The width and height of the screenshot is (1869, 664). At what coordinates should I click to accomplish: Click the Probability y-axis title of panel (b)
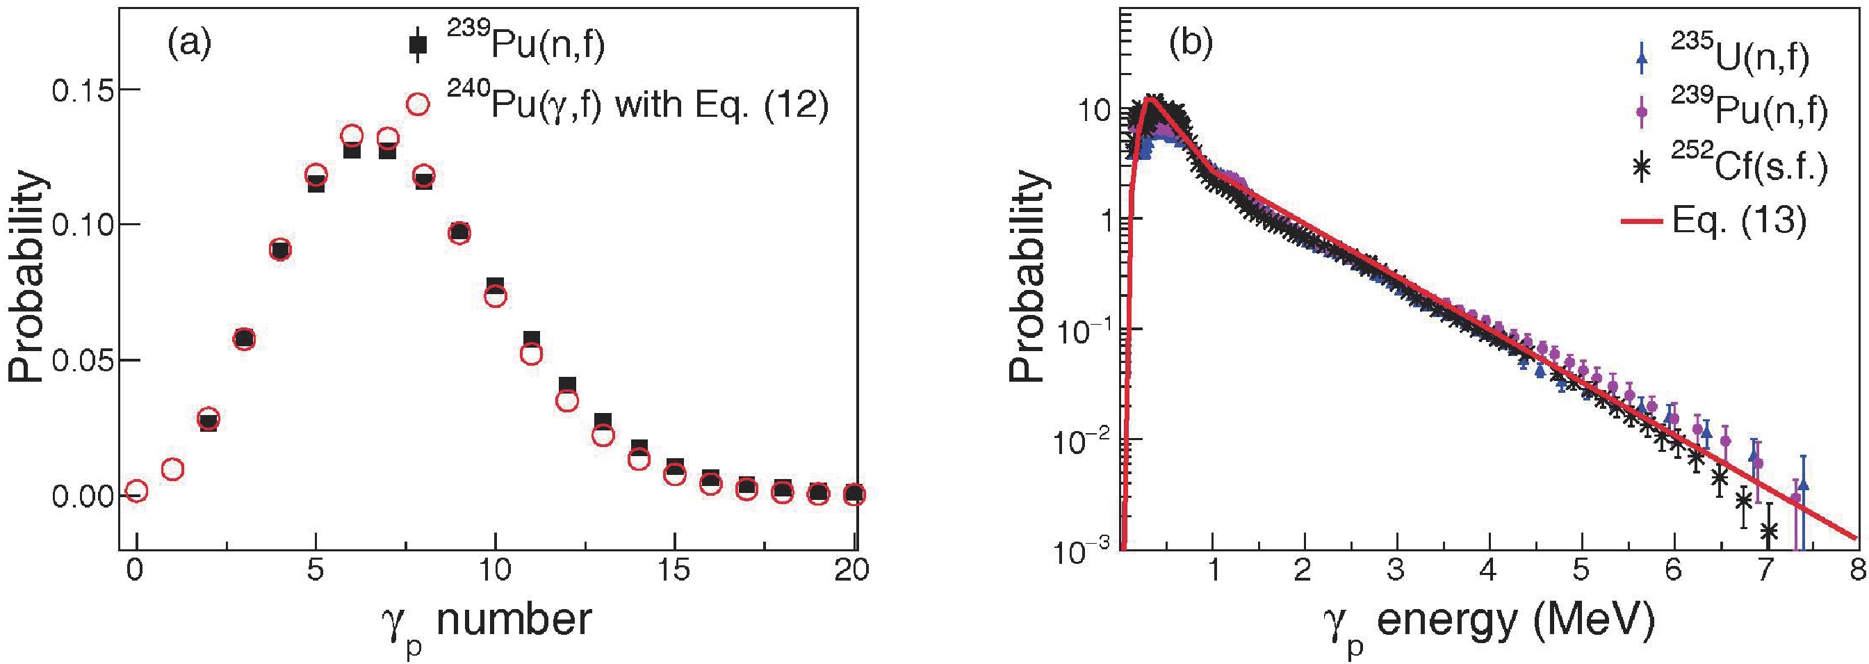(x=1028, y=276)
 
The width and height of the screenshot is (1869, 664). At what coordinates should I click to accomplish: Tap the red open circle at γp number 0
(x=136, y=492)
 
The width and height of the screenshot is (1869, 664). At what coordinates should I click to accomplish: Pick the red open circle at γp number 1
(x=172, y=469)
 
